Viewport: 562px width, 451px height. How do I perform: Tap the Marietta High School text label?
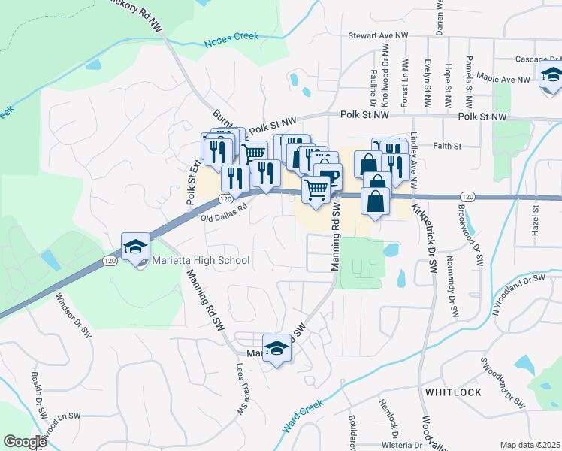coord(201,261)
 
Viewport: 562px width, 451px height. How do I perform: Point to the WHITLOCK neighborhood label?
coord(452,392)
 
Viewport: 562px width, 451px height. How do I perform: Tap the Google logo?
coord(25,442)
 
